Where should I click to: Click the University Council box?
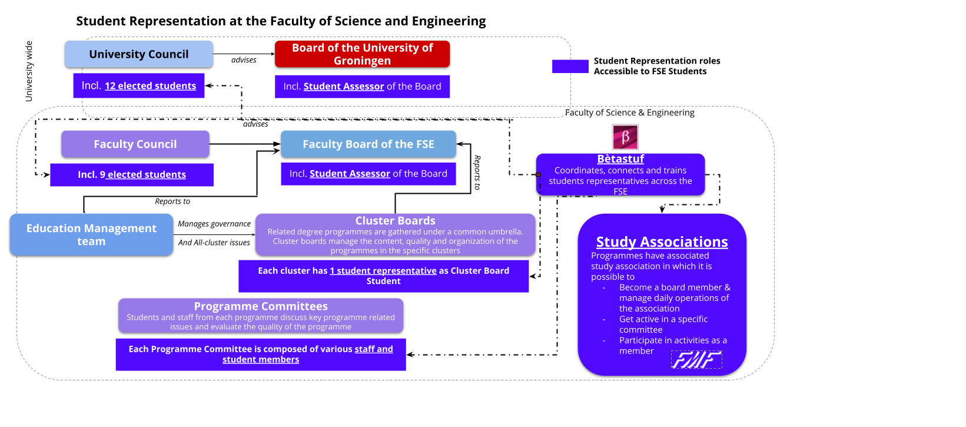(139, 54)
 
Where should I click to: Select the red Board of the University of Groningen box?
(362, 54)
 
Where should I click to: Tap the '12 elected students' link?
(150, 86)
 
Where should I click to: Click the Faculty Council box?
(135, 144)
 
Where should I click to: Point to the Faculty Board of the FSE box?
(368, 144)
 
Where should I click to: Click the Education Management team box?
(91, 234)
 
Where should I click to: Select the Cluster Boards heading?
(395, 221)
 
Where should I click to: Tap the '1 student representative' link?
(383, 271)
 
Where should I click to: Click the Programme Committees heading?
(261, 306)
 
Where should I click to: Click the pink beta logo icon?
(625, 137)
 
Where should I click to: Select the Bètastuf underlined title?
(620, 159)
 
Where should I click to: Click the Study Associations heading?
(662, 242)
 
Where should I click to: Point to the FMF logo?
(696, 359)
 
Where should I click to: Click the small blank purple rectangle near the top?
(570, 66)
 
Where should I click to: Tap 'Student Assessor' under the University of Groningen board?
(344, 87)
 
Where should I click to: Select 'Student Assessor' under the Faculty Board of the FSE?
(350, 174)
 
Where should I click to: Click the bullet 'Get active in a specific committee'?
(663, 325)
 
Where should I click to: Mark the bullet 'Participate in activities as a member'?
(673, 346)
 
